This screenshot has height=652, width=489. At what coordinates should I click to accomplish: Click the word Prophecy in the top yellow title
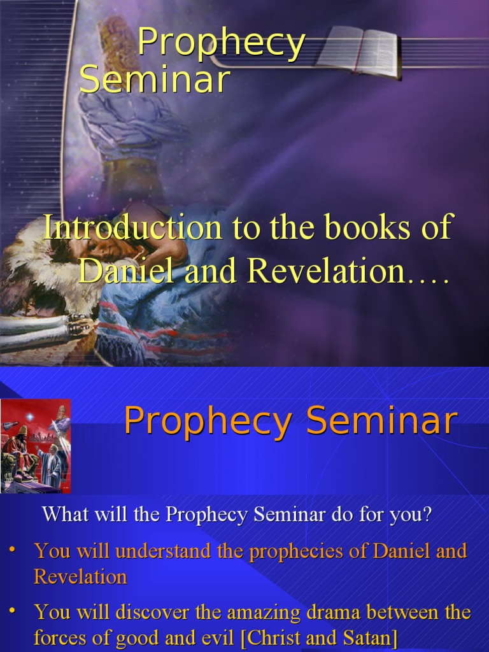pyautogui.click(x=221, y=43)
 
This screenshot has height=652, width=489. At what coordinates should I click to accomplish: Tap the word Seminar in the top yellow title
pyautogui.click(x=154, y=81)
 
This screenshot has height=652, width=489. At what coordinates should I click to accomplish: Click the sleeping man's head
pyautogui.click(x=96, y=245)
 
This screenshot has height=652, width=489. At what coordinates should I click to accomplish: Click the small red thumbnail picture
pyautogui.click(x=35, y=446)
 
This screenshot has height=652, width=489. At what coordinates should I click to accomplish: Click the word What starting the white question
pyautogui.click(x=66, y=514)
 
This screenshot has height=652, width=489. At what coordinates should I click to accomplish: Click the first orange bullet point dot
pyautogui.click(x=11, y=549)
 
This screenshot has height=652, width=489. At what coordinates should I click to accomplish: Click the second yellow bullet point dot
pyautogui.click(x=11, y=611)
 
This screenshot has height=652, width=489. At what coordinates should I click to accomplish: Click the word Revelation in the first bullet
pyautogui.click(x=80, y=577)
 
